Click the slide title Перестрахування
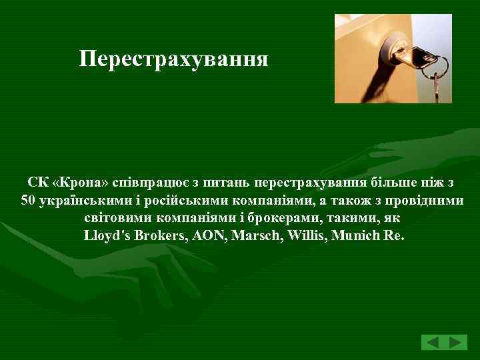(x=173, y=59)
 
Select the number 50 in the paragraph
(x=28, y=200)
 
